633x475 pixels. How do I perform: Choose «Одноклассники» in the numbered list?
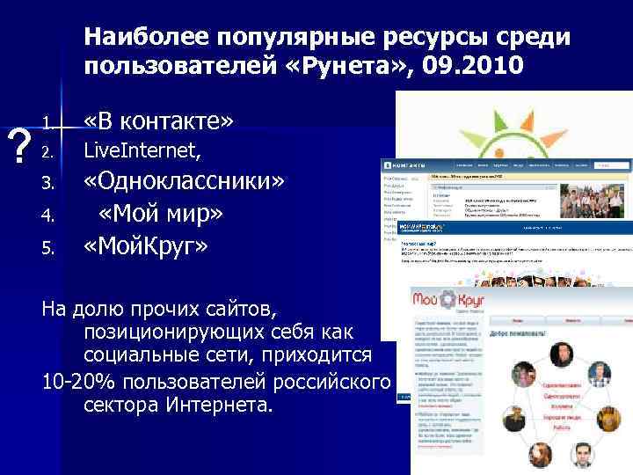click(184, 183)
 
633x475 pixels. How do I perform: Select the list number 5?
click(50, 248)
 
